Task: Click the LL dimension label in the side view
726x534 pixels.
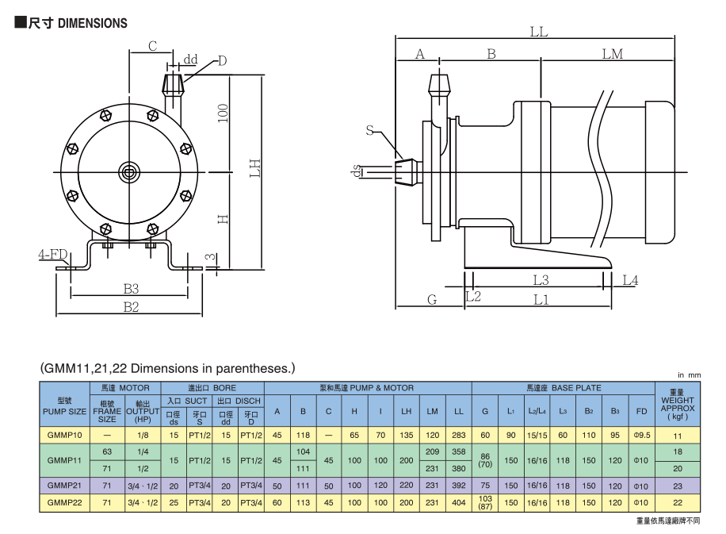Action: point(539,33)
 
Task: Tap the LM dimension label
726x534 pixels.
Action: point(612,54)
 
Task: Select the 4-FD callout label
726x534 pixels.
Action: point(52,255)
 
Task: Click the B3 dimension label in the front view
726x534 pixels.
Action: point(131,288)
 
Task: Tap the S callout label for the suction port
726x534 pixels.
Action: point(370,130)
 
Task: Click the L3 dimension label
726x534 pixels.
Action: point(541,279)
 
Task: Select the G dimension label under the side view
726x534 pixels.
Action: point(432,299)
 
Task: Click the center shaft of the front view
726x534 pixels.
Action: point(128,171)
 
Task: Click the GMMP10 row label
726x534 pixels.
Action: point(65,436)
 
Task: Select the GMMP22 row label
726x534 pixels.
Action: point(65,502)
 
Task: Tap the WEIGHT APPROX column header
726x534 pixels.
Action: point(677,402)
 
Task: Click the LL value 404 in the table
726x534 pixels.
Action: point(459,502)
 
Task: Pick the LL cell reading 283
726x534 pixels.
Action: point(459,436)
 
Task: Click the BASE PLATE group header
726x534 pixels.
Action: point(564,388)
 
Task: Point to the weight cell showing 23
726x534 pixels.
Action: point(677,485)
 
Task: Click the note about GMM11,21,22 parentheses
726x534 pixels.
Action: point(167,368)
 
